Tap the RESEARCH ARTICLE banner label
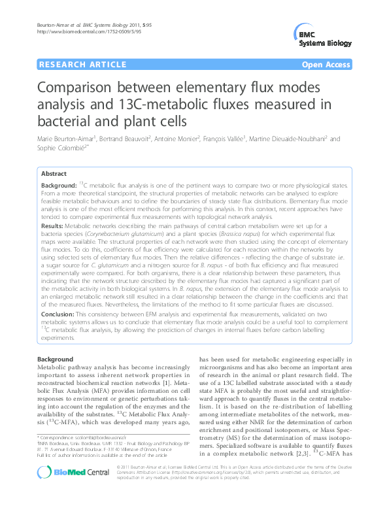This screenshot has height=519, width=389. coord(83,65)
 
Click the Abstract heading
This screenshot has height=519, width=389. coord(54,174)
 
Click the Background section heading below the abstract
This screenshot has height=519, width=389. coord(56,360)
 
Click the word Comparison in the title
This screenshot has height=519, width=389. coord(85,88)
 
